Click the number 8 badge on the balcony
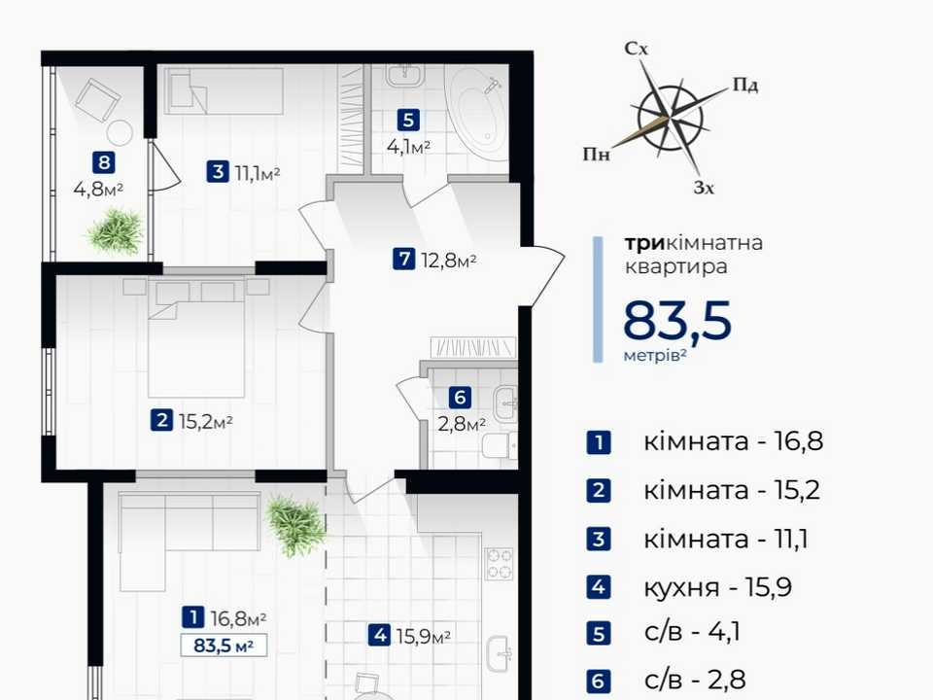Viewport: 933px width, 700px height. [x=104, y=162]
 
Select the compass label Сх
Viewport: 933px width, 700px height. [x=636, y=49]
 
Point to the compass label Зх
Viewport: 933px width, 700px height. [x=704, y=188]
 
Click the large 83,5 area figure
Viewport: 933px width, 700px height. [x=677, y=320]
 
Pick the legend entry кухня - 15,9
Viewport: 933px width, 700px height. [x=717, y=587]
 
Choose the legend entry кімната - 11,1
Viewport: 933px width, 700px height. [x=725, y=540]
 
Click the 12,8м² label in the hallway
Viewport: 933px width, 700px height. [x=449, y=261]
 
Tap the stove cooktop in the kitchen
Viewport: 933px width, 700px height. [x=500, y=564]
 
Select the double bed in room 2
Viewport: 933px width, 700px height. [x=196, y=338]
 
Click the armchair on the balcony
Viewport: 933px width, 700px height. [x=98, y=99]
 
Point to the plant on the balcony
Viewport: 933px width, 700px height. [x=116, y=231]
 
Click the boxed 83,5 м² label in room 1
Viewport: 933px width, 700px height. [x=224, y=646]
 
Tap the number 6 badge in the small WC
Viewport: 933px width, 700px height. [x=460, y=398]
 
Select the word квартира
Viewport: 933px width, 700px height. [x=676, y=266]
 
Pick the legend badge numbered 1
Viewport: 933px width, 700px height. [x=599, y=442]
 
